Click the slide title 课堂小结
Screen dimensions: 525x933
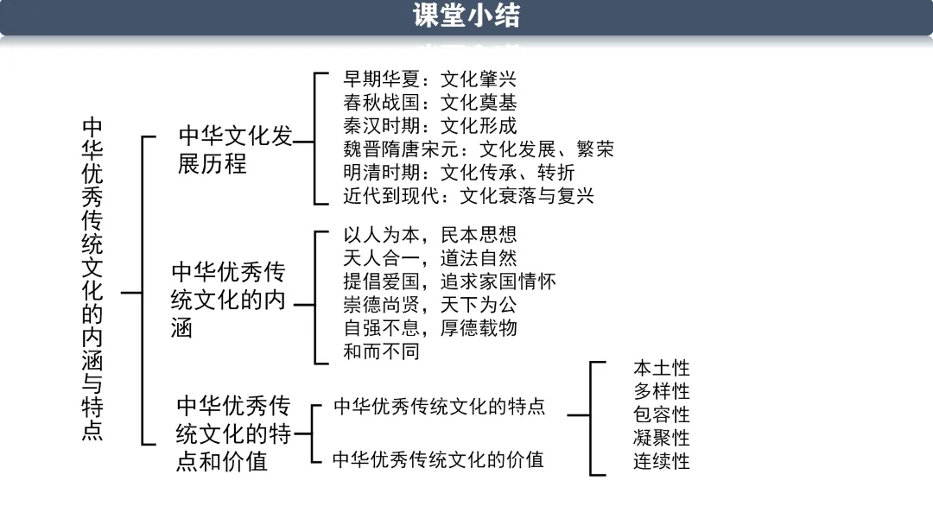point(466,16)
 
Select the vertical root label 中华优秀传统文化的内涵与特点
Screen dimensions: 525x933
point(92,279)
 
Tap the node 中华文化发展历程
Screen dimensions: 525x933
point(235,149)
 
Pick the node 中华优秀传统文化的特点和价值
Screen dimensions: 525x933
point(233,433)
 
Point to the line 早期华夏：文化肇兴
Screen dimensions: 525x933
point(429,79)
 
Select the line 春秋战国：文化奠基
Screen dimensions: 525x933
point(429,103)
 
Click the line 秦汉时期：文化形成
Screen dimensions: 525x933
point(429,126)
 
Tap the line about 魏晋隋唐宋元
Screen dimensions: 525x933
point(478,149)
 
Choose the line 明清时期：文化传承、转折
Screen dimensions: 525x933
point(459,173)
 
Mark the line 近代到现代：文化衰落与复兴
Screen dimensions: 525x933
point(468,196)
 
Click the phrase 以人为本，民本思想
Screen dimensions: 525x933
point(429,235)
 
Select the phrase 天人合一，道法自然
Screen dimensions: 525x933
point(429,258)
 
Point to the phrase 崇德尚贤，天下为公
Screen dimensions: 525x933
point(429,305)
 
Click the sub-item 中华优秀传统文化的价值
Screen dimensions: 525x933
point(438,459)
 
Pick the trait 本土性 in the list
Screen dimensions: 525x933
point(662,368)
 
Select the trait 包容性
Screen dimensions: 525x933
point(662,414)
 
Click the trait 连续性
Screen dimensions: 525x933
point(662,461)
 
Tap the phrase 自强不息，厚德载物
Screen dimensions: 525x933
point(429,328)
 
